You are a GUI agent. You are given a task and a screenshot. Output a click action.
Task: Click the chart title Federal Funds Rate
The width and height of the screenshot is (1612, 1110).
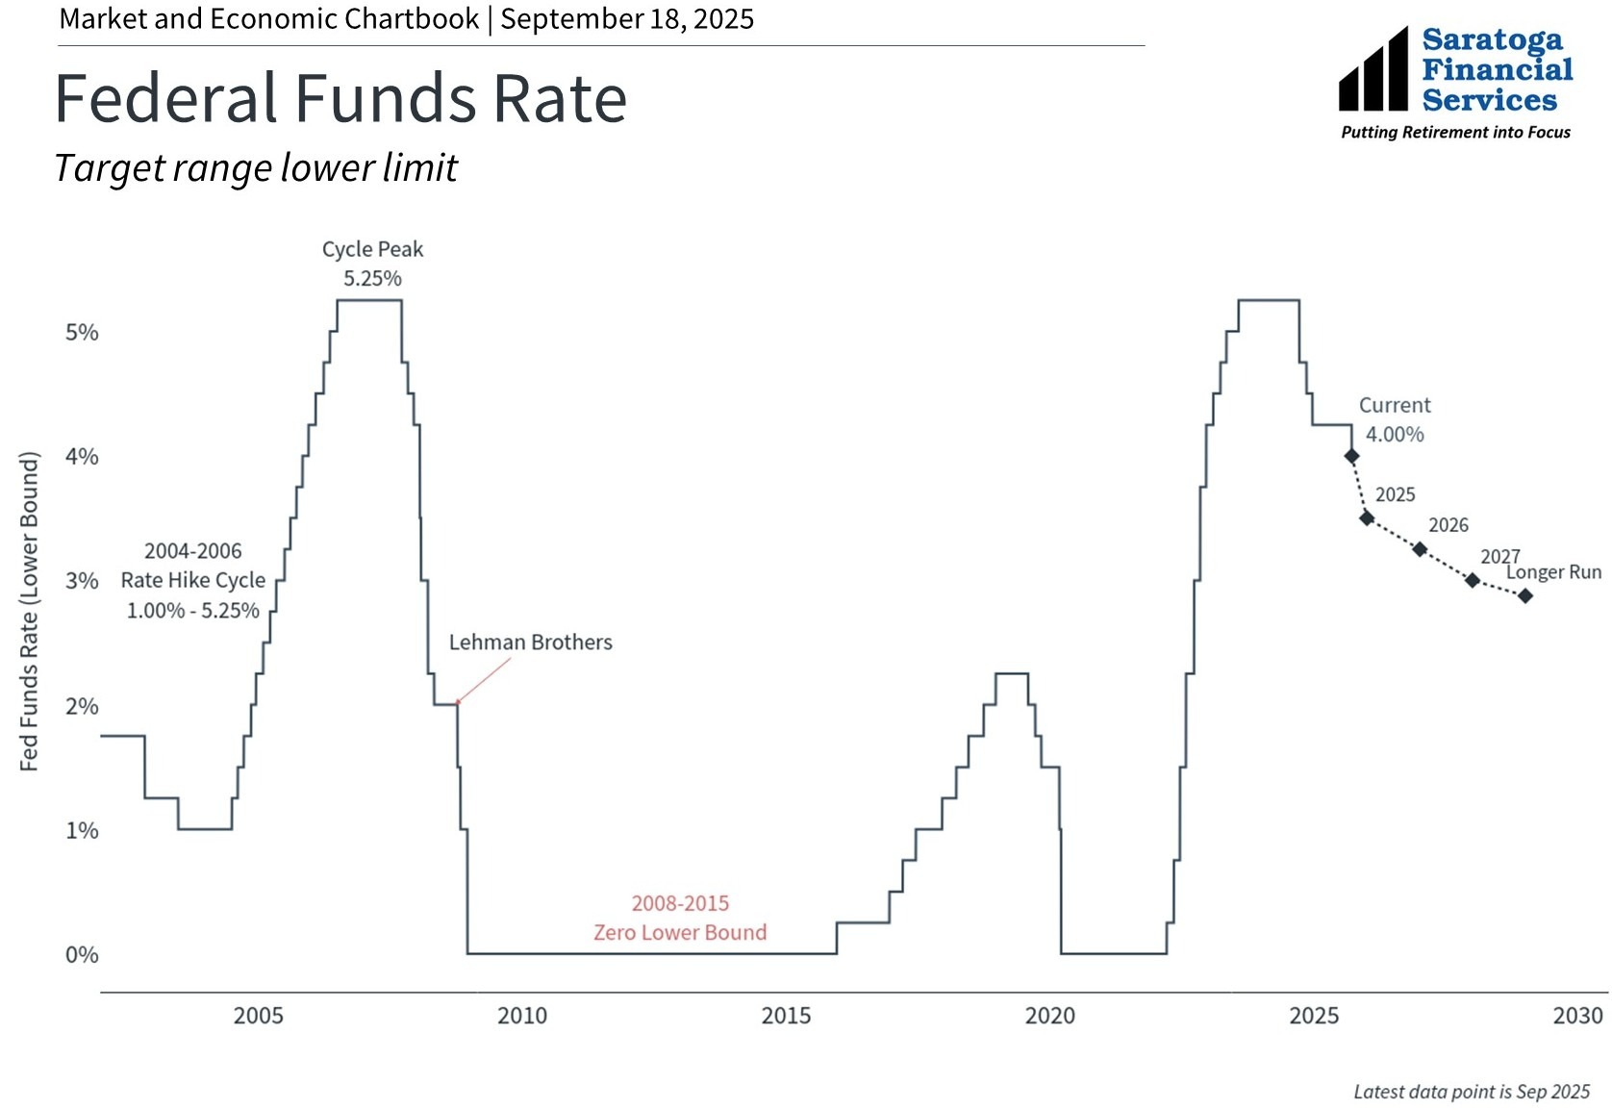[340, 99]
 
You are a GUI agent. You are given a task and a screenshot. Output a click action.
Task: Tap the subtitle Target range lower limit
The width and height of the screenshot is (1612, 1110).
[256, 168]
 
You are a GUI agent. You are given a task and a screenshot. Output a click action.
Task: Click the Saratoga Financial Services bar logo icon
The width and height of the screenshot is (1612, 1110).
[1373, 70]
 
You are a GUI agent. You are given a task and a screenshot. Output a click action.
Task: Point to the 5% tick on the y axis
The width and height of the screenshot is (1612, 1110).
[82, 333]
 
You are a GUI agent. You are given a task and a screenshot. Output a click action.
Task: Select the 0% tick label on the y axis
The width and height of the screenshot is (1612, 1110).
[82, 955]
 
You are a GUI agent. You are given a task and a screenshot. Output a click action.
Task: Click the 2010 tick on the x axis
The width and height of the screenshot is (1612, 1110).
[522, 1016]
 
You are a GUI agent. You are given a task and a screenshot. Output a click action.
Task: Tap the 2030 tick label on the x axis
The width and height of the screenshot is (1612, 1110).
[1577, 1016]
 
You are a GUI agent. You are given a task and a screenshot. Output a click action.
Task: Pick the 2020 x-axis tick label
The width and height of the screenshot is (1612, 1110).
[1049, 1016]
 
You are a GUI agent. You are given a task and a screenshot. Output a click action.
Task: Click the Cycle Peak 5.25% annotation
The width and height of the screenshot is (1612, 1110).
[372, 265]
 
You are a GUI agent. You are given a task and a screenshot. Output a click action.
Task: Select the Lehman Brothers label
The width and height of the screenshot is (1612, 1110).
[530, 643]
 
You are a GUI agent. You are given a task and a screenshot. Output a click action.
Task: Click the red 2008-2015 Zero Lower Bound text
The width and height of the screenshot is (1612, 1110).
[680, 919]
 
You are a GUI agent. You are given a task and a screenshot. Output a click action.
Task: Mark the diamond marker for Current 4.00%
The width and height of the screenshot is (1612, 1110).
[1351, 456]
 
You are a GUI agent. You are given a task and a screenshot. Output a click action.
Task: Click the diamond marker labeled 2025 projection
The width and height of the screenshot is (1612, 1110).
[1367, 518]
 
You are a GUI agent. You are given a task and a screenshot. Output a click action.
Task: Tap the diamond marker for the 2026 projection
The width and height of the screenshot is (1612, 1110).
[1420, 549]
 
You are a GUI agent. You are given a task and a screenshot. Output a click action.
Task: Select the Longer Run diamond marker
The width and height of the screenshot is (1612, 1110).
[1525, 596]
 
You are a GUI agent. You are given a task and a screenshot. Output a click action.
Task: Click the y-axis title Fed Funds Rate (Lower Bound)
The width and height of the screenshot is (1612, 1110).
[30, 612]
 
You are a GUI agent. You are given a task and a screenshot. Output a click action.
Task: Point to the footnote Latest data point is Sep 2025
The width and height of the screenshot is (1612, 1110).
[1472, 1092]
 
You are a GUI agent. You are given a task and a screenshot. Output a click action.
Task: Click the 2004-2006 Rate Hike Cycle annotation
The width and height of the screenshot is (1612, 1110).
[193, 581]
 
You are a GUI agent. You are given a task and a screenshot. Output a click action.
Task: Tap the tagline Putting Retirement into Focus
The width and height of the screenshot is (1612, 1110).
[1455, 133]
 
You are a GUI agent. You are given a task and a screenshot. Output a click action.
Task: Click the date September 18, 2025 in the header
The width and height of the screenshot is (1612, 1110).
[627, 19]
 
